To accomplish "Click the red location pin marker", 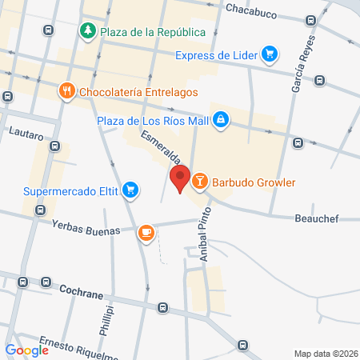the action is click(180, 178).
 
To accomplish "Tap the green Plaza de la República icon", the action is click(87, 31).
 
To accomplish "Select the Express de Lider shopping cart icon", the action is click(270, 54).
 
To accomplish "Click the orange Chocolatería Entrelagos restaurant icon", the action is click(67, 92).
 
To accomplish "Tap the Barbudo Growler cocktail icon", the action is click(200, 182).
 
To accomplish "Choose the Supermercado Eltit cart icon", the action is click(131, 191).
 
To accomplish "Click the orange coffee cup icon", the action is click(145, 232).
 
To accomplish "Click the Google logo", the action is click(26, 350).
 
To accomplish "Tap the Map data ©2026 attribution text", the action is click(322, 354).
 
